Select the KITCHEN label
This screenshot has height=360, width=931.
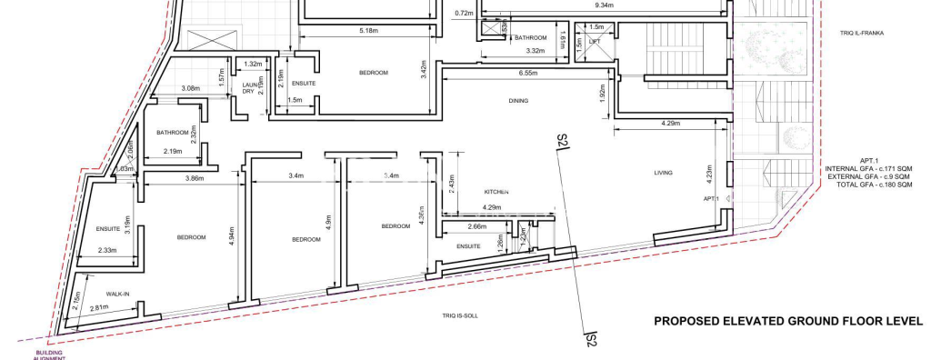click(496, 192)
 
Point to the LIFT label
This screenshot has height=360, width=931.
click(595, 41)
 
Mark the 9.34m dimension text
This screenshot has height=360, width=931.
click(603, 5)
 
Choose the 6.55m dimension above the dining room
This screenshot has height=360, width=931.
click(532, 73)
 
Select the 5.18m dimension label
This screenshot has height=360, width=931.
click(368, 31)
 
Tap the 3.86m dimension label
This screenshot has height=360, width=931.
click(194, 178)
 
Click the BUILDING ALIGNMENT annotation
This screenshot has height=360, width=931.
click(51, 355)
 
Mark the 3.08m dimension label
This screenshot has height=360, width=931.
click(191, 88)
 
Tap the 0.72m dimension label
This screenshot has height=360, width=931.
click(464, 14)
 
